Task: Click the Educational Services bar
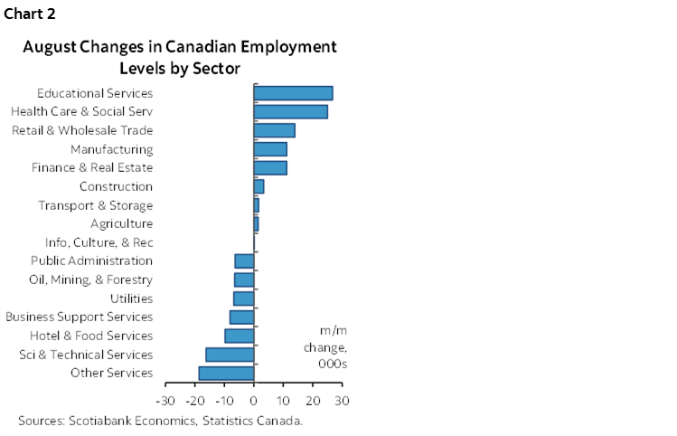[x=293, y=92]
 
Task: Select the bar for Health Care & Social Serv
[x=290, y=111]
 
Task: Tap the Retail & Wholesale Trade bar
[x=274, y=130]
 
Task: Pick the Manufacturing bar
[x=270, y=148]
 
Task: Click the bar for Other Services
[x=226, y=373]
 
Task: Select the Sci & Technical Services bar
[x=230, y=354]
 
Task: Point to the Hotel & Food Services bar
[x=240, y=336]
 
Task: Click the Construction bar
[x=259, y=186]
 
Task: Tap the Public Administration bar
[x=244, y=261]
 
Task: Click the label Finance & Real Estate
[x=91, y=167]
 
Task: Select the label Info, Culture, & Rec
[x=99, y=242]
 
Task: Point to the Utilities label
[x=131, y=299]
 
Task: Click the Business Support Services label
[x=79, y=317]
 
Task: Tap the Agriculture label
[x=121, y=223]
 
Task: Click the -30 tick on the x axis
[x=165, y=400]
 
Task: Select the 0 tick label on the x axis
[x=254, y=400]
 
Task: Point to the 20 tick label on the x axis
[x=313, y=400]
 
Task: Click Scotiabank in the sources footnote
[x=97, y=421]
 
